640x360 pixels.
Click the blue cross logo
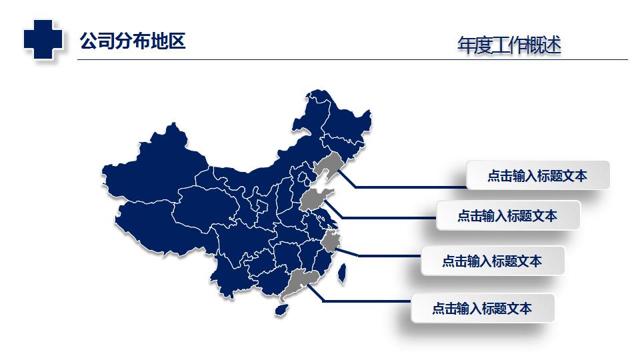click(43, 38)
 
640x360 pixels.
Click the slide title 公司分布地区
click(132, 41)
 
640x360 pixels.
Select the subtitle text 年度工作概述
click(509, 45)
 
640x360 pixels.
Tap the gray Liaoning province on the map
click(327, 166)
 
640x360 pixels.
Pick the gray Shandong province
click(314, 199)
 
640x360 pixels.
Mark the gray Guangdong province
click(299, 283)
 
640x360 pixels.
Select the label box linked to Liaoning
click(537, 175)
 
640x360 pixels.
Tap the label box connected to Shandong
click(507, 215)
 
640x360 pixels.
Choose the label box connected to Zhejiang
click(492, 261)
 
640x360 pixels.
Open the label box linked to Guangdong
click(482, 308)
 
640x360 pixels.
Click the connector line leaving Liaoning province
click(407, 187)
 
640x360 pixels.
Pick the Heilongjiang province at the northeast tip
click(340, 120)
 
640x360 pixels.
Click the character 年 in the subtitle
click(465, 45)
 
